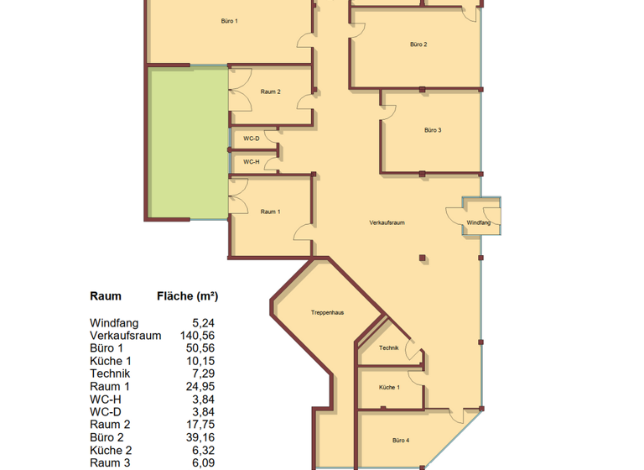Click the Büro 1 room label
[x=230, y=20]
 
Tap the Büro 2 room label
[x=419, y=44]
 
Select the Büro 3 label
[x=433, y=130]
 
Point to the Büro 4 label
[x=401, y=441]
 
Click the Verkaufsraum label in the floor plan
[x=387, y=222]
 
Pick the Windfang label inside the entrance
[x=479, y=222]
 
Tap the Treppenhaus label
[x=328, y=312]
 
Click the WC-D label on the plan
[x=252, y=138]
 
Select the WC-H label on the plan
[x=252, y=162]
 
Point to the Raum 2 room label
[x=270, y=91]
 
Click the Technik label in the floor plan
[x=388, y=347]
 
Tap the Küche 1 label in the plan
[x=389, y=388]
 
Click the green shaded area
[x=188, y=143]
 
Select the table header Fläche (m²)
[x=188, y=296]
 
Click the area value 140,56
[x=197, y=335]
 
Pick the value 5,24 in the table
[x=203, y=322]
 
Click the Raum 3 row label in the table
[x=110, y=462]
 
